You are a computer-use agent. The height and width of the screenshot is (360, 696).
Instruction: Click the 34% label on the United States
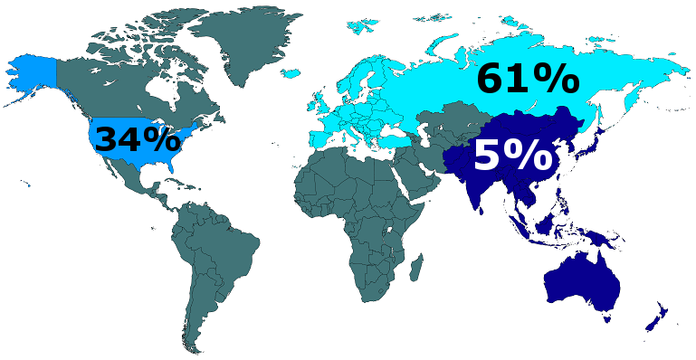coord(138,140)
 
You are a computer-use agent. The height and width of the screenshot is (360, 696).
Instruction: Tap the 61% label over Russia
coord(528,80)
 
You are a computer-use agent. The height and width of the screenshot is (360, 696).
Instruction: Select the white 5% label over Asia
coord(513,156)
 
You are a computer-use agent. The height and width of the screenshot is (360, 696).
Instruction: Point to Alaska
coord(33,77)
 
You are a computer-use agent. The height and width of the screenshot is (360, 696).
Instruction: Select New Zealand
coord(655,317)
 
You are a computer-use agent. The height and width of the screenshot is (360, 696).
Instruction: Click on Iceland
coord(292,69)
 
